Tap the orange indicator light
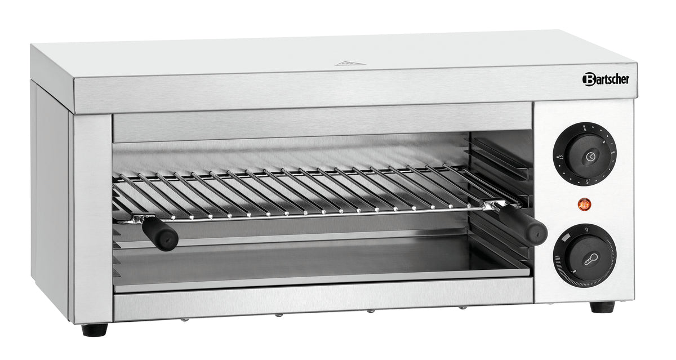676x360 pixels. coord(584,205)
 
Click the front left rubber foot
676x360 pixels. coord(94,330)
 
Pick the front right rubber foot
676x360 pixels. coord(602,307)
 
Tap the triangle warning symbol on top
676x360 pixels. coord(347,63)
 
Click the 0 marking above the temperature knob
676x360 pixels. coord(586,229)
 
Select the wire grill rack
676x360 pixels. coord(299,192)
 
